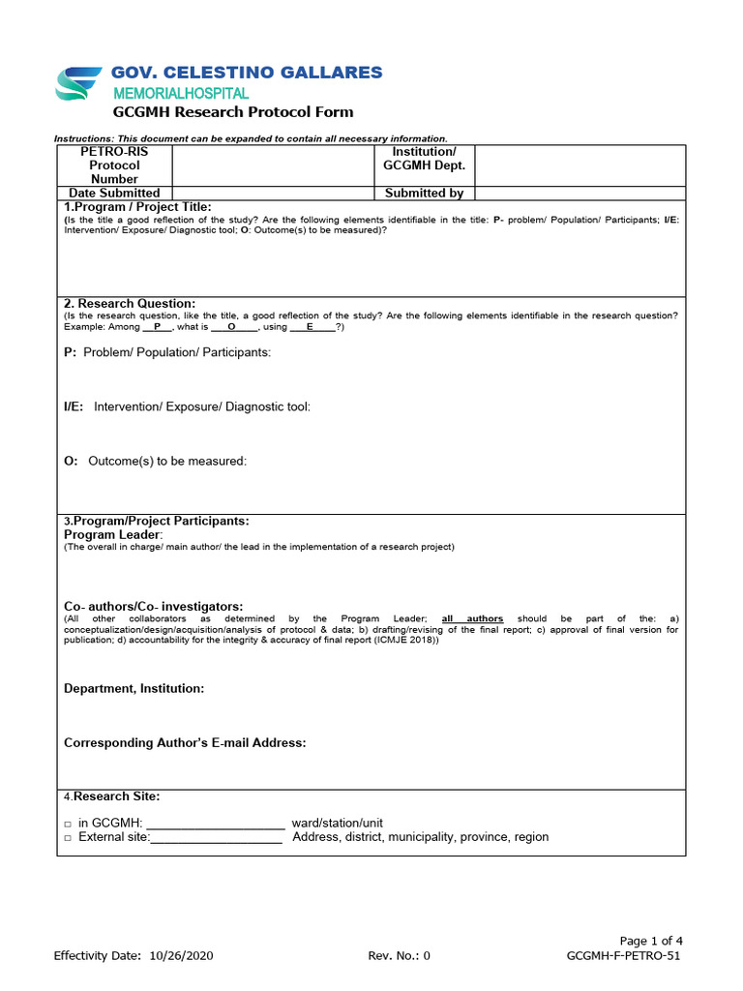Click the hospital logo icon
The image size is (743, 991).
tap(80, 85)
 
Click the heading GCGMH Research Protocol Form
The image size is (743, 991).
tap(233, 112)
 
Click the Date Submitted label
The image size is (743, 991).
tap(114, 194)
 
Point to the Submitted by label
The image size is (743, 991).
tap(424, 194)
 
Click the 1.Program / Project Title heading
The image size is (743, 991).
tap(137, 207)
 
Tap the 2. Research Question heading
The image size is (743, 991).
tap(130, 304)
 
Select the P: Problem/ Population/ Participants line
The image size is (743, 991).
tap(167, 352)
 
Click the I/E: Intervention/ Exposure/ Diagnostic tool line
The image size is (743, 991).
tap(187, 406)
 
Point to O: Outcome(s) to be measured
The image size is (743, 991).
tap(155, 461)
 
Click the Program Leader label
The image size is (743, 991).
tap(113, 534)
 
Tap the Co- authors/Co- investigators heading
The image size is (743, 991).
tap(154, 606)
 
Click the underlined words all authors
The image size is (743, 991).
tap(472, 618)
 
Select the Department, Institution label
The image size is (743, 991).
tap(134, 688)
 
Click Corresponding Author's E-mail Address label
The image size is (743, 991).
tap(185, 742)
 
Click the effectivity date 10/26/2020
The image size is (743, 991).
tap(181, 956)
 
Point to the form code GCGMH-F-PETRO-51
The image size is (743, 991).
tap(623, 956)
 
